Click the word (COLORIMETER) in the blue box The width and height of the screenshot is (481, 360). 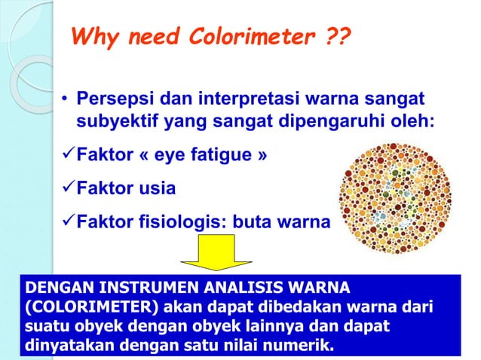[x=76, y=309]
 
